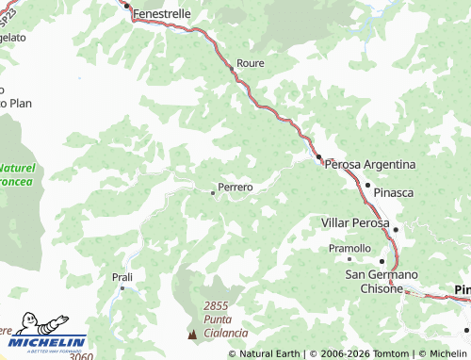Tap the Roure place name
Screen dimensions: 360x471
coord(251,63)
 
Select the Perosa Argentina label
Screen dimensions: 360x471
coord(369,164)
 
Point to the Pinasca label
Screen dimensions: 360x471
coord(394,192)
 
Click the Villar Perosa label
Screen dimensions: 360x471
coord(355,222)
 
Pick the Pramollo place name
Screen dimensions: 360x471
coord(349,248)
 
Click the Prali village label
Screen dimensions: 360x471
coord(122,277)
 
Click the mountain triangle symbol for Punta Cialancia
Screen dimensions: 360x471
coord(194,334)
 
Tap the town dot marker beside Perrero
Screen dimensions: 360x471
coord(212,192)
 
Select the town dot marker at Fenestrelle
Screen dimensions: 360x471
coord(126,5)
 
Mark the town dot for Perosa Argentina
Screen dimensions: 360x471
coord(318,157)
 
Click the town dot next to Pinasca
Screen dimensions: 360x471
coord(367,185)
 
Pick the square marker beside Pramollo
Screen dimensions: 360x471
coord(349,258)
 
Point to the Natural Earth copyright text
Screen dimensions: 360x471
coord(270,353)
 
